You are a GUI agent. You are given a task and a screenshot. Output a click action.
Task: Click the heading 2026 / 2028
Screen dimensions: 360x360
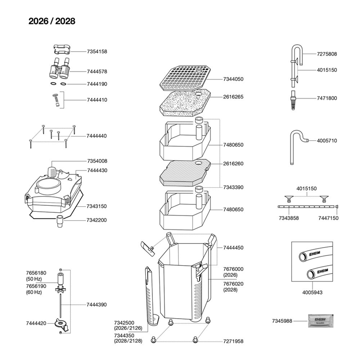[x=52, y=21]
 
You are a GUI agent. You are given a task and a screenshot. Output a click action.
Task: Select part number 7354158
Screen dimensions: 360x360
[x=97, y=52]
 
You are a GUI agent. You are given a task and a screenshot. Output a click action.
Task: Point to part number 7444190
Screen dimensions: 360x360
[x=97, y=84]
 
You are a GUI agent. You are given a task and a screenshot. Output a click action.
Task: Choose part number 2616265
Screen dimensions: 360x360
[x=233, y=97]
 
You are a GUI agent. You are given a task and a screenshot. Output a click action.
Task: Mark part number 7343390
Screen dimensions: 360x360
[x=233, y=187]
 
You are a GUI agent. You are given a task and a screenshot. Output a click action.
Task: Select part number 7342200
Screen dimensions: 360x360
[x=97, y=220]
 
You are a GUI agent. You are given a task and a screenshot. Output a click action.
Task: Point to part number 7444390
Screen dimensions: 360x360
[x=97, y=305]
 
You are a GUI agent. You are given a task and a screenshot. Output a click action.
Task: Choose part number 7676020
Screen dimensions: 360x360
[x=233, y=283]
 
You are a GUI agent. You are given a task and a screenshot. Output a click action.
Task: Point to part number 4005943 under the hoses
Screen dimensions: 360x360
[x=312, y=293]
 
